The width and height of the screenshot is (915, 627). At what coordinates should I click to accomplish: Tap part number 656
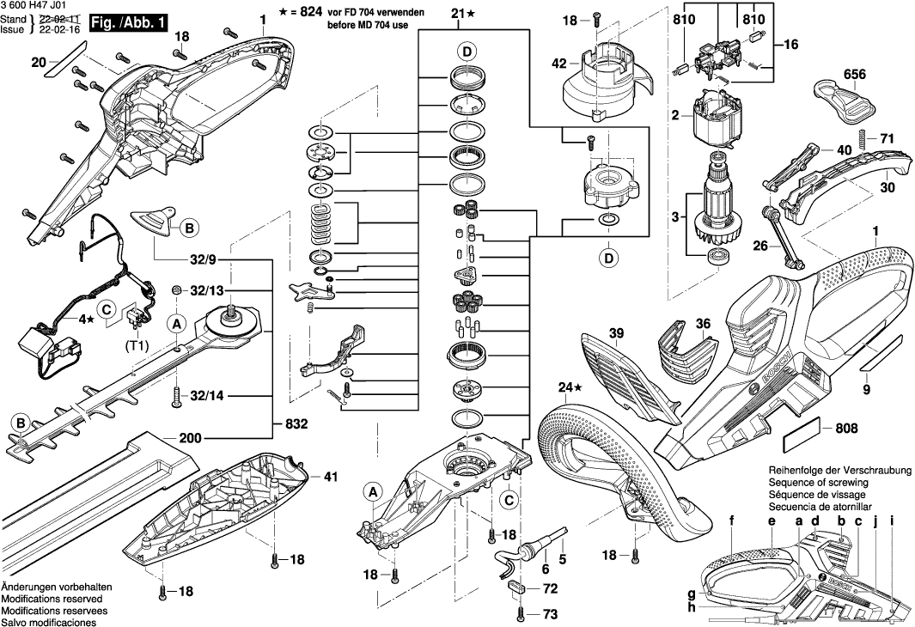point(855,75)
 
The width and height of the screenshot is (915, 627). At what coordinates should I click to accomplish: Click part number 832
point(295,424)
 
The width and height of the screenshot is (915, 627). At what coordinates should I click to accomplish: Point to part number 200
point(191,437)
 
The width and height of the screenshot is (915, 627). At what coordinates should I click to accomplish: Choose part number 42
point(558,64)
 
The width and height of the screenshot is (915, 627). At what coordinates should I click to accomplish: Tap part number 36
point(704,325)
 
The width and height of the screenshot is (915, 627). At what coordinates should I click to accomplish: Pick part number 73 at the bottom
point(550,615)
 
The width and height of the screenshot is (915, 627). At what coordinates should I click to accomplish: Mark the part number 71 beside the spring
point(886,138)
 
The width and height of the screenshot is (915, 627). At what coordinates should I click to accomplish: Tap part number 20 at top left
point(38,62)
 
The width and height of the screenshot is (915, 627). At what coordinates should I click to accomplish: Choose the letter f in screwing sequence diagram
point(732,520)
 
